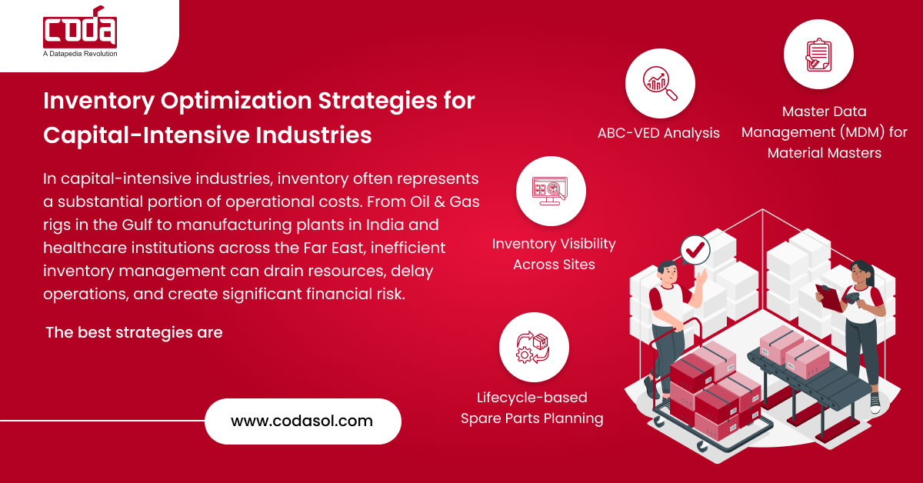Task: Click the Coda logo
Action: click(x=80, y=27)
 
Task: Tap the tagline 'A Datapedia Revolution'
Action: click(x=80, y=54)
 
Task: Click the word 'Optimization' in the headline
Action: click(x=235, y=102)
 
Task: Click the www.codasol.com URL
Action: click(x=302, y=421)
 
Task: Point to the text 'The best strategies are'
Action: click(x=134, y=332)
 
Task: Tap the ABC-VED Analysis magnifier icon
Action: click(x=660, y=83)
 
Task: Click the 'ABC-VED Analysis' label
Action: click(x=658, y=133)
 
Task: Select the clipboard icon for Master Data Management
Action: click(x=818, y=55)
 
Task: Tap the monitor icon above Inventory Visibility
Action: click(x=550, y=191)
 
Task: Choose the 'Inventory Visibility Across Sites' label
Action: click(x=554, y=254)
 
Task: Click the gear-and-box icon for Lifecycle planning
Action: click(x=533, y=348)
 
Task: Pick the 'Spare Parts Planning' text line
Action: click(x=532, y=418)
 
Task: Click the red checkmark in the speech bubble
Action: click(x=695, y=250)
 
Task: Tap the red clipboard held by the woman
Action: click(x=829, y=298)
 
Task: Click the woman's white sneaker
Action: click(x=875, y=403)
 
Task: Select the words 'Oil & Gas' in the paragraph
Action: click(x=445, y=202)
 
